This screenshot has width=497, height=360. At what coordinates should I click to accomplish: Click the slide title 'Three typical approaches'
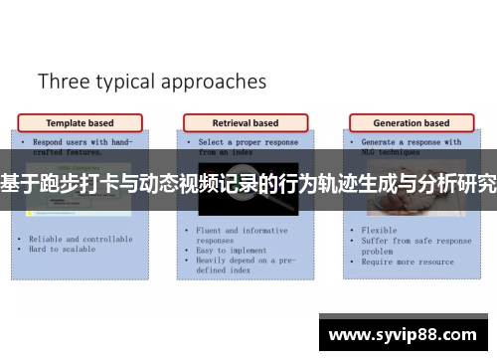(152, 81)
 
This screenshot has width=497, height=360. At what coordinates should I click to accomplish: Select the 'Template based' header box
(81, 123)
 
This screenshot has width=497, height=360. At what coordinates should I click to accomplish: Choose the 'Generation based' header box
(411, 123)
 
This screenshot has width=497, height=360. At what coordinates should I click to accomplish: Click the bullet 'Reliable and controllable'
(80, 240)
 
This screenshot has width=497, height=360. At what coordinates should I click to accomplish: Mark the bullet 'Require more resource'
(410, 262)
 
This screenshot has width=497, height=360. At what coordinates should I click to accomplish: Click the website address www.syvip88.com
(402, 335)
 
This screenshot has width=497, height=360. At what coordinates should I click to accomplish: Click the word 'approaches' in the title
(216, 83)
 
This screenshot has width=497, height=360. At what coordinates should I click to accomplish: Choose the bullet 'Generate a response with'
(411, 142)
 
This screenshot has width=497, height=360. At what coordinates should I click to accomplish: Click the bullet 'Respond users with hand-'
(80, 142)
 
